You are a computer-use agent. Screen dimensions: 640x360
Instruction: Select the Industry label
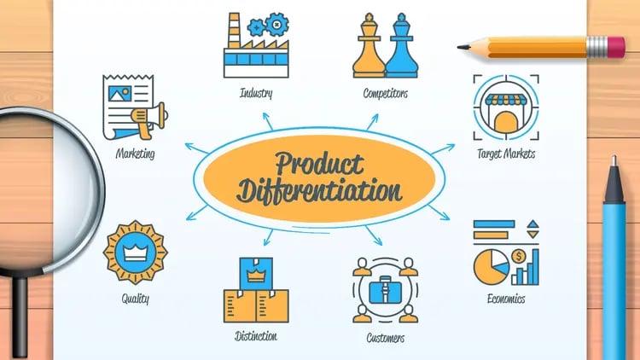[x=256, y=92]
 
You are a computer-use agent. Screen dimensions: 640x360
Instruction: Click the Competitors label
[x=385, y=92]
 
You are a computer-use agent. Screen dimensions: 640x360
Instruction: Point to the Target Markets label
[x=506, y=154]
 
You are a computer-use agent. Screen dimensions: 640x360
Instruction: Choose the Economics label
[x=506, y=299]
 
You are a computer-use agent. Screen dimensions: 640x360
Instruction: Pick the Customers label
[x=384, y=338]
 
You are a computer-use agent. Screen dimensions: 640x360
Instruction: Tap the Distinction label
[x=256, y=335]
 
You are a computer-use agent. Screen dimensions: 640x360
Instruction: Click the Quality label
[x=135, y=299]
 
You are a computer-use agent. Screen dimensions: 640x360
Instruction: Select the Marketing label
[x=135, y=154]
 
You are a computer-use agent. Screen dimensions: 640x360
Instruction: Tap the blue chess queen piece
[x=400, y=49]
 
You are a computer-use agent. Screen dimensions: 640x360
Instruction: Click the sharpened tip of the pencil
[x=463, y=47]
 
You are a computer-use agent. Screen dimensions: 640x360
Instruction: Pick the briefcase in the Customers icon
[x=385, y=292]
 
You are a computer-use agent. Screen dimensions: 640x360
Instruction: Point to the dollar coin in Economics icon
[x=518, y=254]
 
